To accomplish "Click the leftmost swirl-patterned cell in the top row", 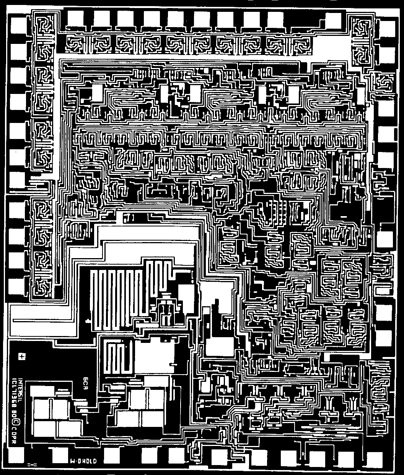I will [x=77, y=45].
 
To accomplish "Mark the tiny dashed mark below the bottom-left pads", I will [x=32, y=465].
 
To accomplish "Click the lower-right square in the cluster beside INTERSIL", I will [x=69, y=428].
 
